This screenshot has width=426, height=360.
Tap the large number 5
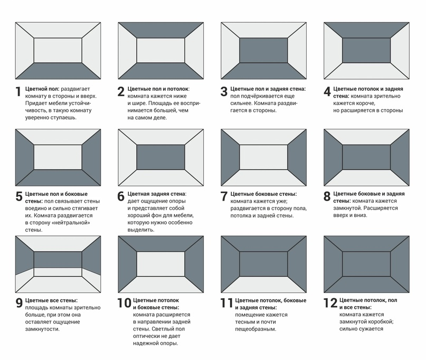[19, 198]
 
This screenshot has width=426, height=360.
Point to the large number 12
[330, 303]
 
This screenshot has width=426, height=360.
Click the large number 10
[124, 303]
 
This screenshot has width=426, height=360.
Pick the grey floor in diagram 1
[58, 71]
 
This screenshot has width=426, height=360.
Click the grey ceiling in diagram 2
[161, 30]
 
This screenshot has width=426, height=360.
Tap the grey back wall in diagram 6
[161, 157]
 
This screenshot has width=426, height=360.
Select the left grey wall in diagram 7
[230, 157]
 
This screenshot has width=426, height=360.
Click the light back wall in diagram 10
[161, 263]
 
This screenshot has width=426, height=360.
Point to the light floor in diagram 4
[367, 71]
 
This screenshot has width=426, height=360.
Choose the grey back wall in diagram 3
[264, 51]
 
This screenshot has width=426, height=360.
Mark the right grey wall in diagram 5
[91, 157]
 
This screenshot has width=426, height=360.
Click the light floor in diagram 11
[264, 285]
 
